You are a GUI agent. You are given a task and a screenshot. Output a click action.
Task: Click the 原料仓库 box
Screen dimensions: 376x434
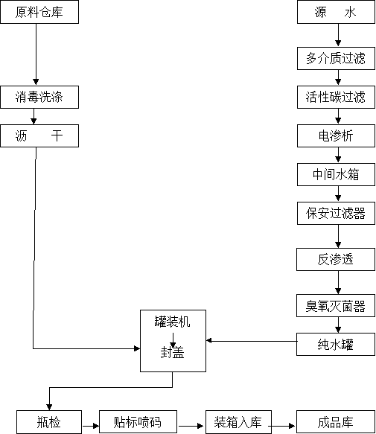[x=39, y=12]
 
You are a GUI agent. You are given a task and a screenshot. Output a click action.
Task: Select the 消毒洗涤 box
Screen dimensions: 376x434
[x=39, y=97]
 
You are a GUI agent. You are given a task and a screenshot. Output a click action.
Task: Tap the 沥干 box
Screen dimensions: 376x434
[x=39, y=135]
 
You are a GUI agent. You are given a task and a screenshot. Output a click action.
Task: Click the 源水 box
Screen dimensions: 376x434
[x=336, y=12]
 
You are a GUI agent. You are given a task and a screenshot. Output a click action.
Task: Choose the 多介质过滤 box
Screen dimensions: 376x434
[x=336, y=58]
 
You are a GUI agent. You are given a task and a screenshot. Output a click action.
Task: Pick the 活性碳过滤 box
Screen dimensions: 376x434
[x=336, y=97]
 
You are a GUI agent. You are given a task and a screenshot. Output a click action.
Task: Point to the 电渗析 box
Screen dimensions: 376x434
[x=336, y=135]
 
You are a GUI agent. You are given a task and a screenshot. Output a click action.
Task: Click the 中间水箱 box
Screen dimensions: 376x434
[x=336, y=174]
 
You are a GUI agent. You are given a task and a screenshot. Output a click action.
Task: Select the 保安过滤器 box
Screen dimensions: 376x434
[x=336, y=213]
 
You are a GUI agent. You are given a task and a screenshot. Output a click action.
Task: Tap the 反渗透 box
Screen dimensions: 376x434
[x=336, y=259]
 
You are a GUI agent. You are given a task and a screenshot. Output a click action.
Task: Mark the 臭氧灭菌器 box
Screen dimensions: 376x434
[x=336, y=305]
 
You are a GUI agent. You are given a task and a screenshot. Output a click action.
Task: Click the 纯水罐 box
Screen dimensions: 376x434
[x=336, y=344]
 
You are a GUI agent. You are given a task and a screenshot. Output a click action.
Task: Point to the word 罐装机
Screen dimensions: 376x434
[x=172, y=322]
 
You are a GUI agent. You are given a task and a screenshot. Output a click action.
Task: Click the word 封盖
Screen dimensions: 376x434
[x=172, y=352]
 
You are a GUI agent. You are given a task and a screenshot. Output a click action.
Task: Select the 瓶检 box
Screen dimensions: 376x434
[x=49, y=422]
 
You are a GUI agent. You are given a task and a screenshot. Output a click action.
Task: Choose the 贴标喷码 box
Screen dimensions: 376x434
[x=138, y=422]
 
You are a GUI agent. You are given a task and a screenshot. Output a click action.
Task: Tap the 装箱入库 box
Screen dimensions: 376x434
[x=238, y=422]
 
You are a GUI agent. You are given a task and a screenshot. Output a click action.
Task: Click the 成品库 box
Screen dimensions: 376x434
[x=336, y=422]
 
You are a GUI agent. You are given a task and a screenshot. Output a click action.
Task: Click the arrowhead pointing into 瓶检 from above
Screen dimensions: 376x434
[x=49, y=407]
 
